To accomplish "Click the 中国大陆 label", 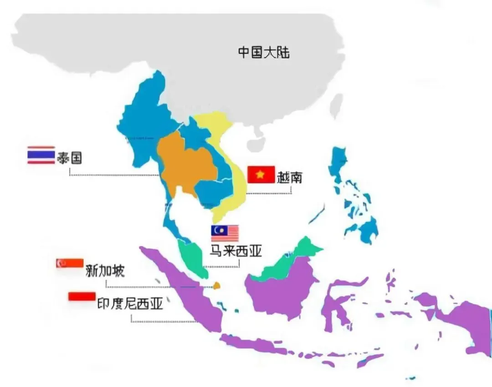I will coord(264,52).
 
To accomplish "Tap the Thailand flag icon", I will coord(41,155).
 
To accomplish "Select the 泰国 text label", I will coord(69,158).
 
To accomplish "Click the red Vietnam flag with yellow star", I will coord(261,174).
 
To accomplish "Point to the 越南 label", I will coord(290,176).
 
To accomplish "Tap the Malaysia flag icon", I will coord(225,233).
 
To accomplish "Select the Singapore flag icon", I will coord(70,263).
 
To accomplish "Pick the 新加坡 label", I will coord(105,271).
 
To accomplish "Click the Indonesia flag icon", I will coord(82,296).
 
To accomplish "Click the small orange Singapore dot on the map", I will coord(217,286).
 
